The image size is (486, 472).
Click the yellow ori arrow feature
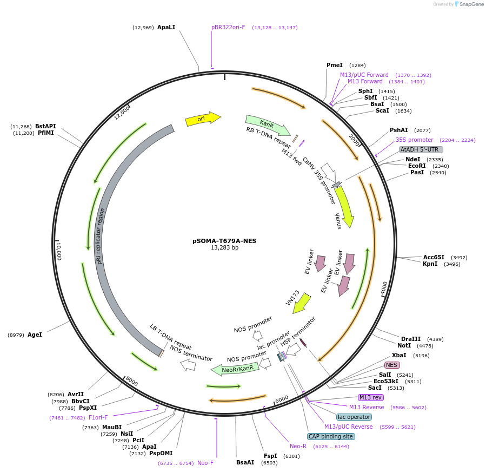pyautogui.click(x=202, y=119)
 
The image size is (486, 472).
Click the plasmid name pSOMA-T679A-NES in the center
pyautogui.click(x=224, y=241)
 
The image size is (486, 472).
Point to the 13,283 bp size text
pyautogui.click(x=224, y=248)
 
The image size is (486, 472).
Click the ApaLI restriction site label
pyautogui.click(x=166, y=27)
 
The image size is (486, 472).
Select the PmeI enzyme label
pyautogui.click(x=335, y=65)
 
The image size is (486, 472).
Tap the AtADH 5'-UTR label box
pyautogui.click(x=421, y=149)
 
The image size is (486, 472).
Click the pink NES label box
pyautogui.click(x=391, y=365)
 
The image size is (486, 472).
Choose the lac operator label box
pyautogui.click(x=354, y=417)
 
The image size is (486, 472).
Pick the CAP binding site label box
pyautogui.click(x=331, y=436)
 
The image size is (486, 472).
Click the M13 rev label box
pyautogui.click(x=370, y=397)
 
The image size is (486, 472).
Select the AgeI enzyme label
pyautogui.click(x=35, y=335)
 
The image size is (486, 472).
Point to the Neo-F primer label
pyautogui.click(x=205, y=463)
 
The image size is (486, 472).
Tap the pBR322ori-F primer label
pyautogui.click(x=228, y=27)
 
